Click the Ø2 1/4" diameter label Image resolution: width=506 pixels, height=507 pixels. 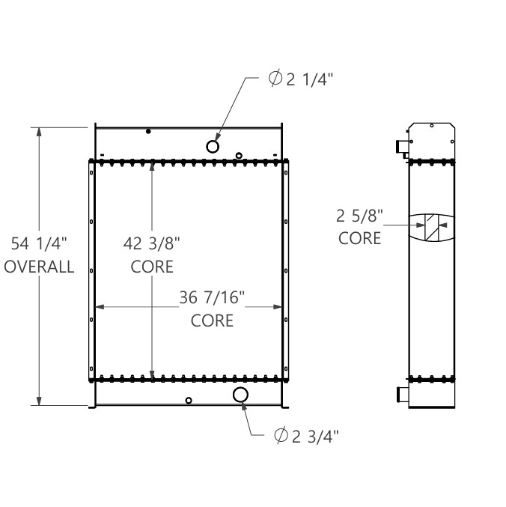click(x=297, y=80)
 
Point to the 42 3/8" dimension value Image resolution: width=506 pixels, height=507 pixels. click(x=152, y=244)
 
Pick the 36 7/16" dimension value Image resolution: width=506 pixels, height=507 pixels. click(x=212, y=299)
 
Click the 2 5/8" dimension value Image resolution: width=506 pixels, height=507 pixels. click(x=359, y=217)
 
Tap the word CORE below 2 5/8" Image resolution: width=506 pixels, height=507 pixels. click(x=359, y=240)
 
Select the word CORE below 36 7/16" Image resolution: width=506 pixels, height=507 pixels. click(x=212, y=321)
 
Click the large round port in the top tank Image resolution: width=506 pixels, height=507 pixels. click(x=213, y=146)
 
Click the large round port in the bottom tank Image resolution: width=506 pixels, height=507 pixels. click(x=241, y=395)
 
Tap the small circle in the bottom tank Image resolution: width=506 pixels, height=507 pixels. click(x=189, y=400)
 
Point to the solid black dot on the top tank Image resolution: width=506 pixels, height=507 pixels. click(x=148, y=132)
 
